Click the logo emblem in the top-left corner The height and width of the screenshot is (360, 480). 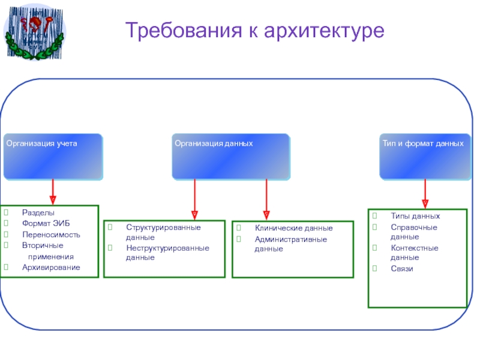click(34, 31)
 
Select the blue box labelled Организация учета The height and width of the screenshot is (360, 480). click(53, 157)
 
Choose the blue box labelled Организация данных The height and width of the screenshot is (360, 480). click(230, 157)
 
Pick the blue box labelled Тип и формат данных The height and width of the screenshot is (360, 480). click(425, 157)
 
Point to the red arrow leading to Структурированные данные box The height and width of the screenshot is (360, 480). click(194, 198)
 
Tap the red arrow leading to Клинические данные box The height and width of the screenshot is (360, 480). click(266, 198)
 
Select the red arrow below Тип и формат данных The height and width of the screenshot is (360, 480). click(425, 193)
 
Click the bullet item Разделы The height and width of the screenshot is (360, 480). click(38, 213)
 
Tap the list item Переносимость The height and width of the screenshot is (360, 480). click(51, 235)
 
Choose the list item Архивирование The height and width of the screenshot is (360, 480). click(51, 267)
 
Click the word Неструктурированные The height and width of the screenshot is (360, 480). click(167, 248)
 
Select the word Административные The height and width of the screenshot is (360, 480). click(290, 239)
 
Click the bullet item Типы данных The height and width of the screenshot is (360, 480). click(415, 216)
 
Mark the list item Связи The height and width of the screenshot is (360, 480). click(401, 268)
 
